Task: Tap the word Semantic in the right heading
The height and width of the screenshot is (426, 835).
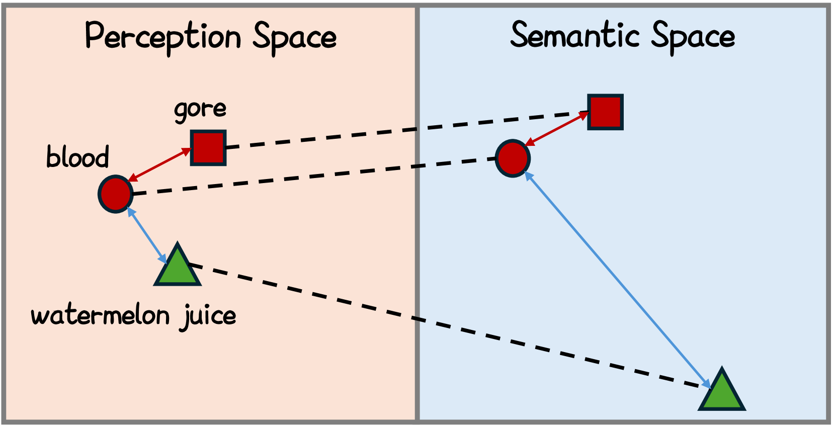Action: (574, 35)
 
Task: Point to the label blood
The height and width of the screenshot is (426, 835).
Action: (77, 157)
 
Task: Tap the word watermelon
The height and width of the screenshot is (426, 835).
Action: (100, 316)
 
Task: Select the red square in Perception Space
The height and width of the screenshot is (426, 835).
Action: (208, 148)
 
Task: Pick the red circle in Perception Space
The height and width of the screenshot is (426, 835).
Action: (116, 194)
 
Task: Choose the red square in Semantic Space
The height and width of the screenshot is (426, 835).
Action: (605, 112)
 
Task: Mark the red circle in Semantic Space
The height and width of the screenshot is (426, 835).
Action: (513, 158)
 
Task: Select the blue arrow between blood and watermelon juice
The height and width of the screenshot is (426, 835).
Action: (147, 235)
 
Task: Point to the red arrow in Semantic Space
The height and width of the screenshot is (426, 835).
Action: (557, 129)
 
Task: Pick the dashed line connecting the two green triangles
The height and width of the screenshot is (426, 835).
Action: (443, 326)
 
